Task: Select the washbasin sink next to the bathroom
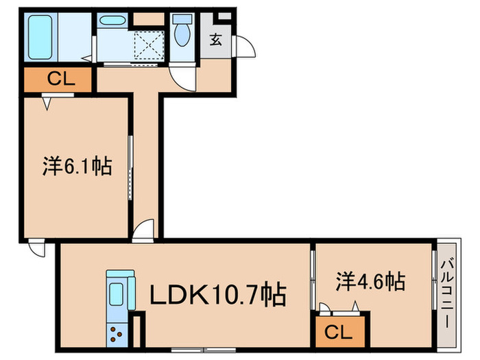point(110,21)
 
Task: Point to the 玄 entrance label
point(215,39)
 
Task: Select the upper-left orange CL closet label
point(57,79)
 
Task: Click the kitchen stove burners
point(116,337)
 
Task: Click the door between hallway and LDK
point(145,231)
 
